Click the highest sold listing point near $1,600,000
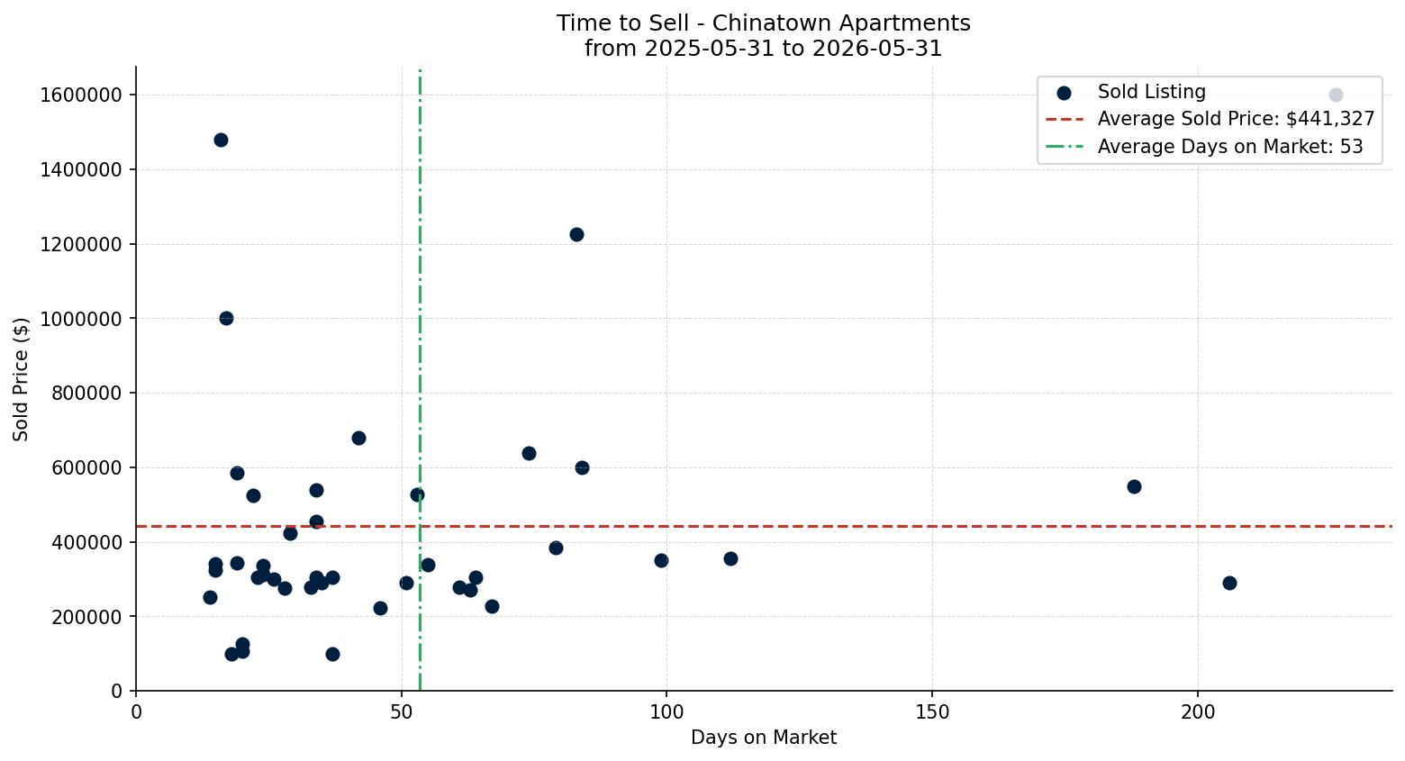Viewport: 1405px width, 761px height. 1336,95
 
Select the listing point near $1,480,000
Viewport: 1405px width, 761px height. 221,140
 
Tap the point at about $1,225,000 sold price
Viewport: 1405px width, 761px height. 576,235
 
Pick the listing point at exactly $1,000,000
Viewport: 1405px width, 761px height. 226,319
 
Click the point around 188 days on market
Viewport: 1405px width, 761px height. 1134,487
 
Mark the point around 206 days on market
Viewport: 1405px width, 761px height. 1229,583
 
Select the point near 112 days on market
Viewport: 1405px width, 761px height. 730,559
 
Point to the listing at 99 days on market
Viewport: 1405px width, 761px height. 661,561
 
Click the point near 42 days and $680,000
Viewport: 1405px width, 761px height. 358,438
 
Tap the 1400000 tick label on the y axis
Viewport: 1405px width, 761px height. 81,170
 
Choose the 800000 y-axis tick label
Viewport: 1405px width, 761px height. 86,394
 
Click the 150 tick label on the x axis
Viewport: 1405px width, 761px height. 932,712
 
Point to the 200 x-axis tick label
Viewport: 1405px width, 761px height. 1198,712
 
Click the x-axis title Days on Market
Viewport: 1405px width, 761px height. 764,738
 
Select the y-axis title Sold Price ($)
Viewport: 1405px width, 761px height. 21,379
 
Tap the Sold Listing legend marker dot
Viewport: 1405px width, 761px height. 1064,93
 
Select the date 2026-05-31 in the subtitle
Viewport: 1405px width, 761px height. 877,49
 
